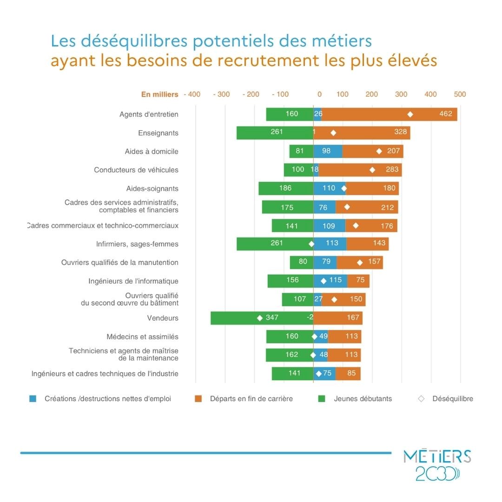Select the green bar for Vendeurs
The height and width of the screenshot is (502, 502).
pyautogui.click(x=242, y=318)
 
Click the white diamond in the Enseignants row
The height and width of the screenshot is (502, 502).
pyautogui.click(x=333, y=133)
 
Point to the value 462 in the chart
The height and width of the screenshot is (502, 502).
pyautogui.click(x=445, y=114)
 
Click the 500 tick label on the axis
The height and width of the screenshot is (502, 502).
pyautogui.click(x=460, y=94)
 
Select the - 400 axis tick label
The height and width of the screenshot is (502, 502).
pyautogui.click(x=192, y=94)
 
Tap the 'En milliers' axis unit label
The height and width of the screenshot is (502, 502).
pyautogui.click(x=159, y=94)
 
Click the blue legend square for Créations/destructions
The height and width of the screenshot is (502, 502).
pyautogui.click(x=33, y=399)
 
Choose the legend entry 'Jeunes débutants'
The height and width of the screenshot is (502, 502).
pyautogui.click(x=363, y=399)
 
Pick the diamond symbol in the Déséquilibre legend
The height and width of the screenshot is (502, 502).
pyautogui.click(x=421, y=399)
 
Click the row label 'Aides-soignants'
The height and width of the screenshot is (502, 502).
pyautogui.click(x=152, y=189)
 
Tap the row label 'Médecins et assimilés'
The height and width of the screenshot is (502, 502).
pyautogui.click(x=142, y=337)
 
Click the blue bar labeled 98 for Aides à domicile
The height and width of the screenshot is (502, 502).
pyautogui.click(x=328, y=151)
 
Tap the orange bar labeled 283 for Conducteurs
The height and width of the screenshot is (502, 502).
pyautogui.click(x=360, y=170)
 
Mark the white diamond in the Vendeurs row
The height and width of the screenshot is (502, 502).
pyautogui.click(x=260, y=318)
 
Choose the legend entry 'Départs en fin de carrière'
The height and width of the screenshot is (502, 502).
pyautogui.click(x=251, y=399)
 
